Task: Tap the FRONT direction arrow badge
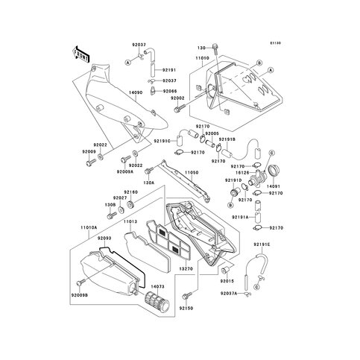[80, 54]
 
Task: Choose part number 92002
[176, 98]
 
